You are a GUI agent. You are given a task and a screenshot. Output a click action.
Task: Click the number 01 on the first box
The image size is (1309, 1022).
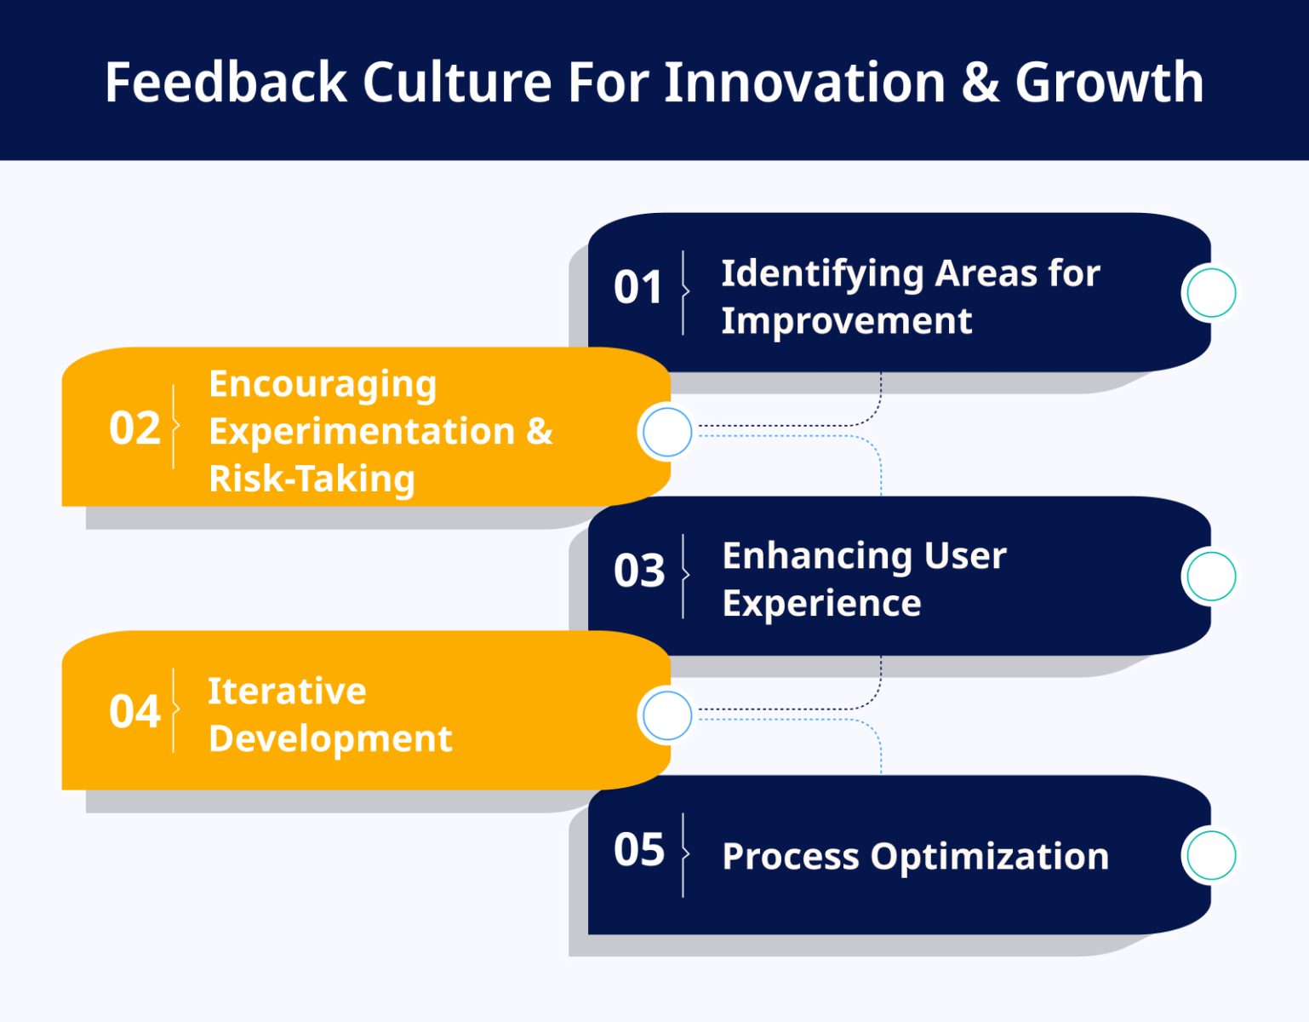[x=637, y=287]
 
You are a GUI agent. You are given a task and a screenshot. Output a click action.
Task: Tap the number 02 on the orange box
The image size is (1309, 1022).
[x=134, y=428]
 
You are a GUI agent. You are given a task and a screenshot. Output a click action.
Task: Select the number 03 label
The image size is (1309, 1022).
[x=638, y=571]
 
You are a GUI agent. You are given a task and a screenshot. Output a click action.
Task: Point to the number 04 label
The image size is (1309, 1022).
[x=134, y=711]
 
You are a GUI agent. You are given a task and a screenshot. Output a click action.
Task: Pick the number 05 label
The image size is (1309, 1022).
[x=638, y=850]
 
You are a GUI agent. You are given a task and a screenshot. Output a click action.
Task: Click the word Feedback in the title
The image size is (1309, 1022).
[x=226, y=83]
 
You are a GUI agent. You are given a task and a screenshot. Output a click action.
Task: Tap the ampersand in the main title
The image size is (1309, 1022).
[x=980, y=83]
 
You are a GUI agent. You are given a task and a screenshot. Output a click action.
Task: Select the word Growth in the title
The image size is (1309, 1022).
[x=1109, y=83]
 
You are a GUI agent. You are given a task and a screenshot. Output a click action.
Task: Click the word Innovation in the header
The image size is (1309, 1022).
[x=804, y=83]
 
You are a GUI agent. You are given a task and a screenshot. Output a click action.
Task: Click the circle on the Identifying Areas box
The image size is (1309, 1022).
[x=1210, y=293]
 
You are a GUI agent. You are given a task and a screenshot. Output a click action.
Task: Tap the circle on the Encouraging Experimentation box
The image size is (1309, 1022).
[x=667, y=433]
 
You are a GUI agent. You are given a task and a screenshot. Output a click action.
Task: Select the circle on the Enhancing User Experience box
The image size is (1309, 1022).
[x=1210, y=577]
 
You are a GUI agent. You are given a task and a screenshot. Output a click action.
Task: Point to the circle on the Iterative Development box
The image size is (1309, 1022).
[x=667, y=716]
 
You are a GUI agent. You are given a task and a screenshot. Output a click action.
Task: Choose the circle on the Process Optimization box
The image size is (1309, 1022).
[x=1210, y=855]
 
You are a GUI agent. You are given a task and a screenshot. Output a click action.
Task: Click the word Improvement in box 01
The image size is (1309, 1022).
[x=846, y=321]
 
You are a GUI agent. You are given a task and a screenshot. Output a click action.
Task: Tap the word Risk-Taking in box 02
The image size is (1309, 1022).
[x=312, y=479]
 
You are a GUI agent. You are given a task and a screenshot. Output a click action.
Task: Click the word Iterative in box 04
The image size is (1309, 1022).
[x=287, y=691]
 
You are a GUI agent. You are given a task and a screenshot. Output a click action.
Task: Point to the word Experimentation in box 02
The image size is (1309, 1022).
[x=362, y=432]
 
